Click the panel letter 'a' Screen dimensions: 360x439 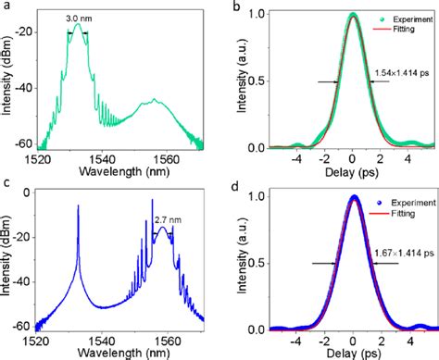coord(6,7)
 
